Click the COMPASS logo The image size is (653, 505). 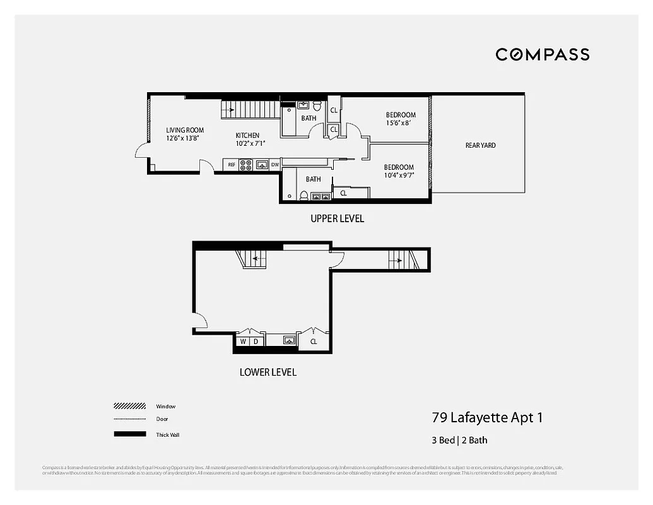pos(542,54)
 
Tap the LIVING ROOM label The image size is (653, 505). pos(185,130)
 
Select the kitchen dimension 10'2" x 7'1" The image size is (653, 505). pos(250,143)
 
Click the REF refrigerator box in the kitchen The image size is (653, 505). pos(232,165)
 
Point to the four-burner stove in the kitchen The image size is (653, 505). pos(246,165)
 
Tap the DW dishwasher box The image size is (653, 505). pos(275,165)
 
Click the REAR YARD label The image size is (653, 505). pos(480,145)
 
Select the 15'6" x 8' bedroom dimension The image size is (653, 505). pos(401,124)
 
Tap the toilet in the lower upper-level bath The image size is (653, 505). pos(303,196)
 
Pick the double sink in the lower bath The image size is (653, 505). pos(321,196)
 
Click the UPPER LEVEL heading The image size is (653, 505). pos(337,219)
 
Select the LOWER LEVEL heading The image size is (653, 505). pos(268,372)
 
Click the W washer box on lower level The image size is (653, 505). pos(243,342)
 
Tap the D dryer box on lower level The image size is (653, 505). pos(256,342)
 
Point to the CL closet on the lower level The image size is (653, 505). pos(313,342)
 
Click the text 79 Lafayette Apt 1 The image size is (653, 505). pos(486,417)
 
